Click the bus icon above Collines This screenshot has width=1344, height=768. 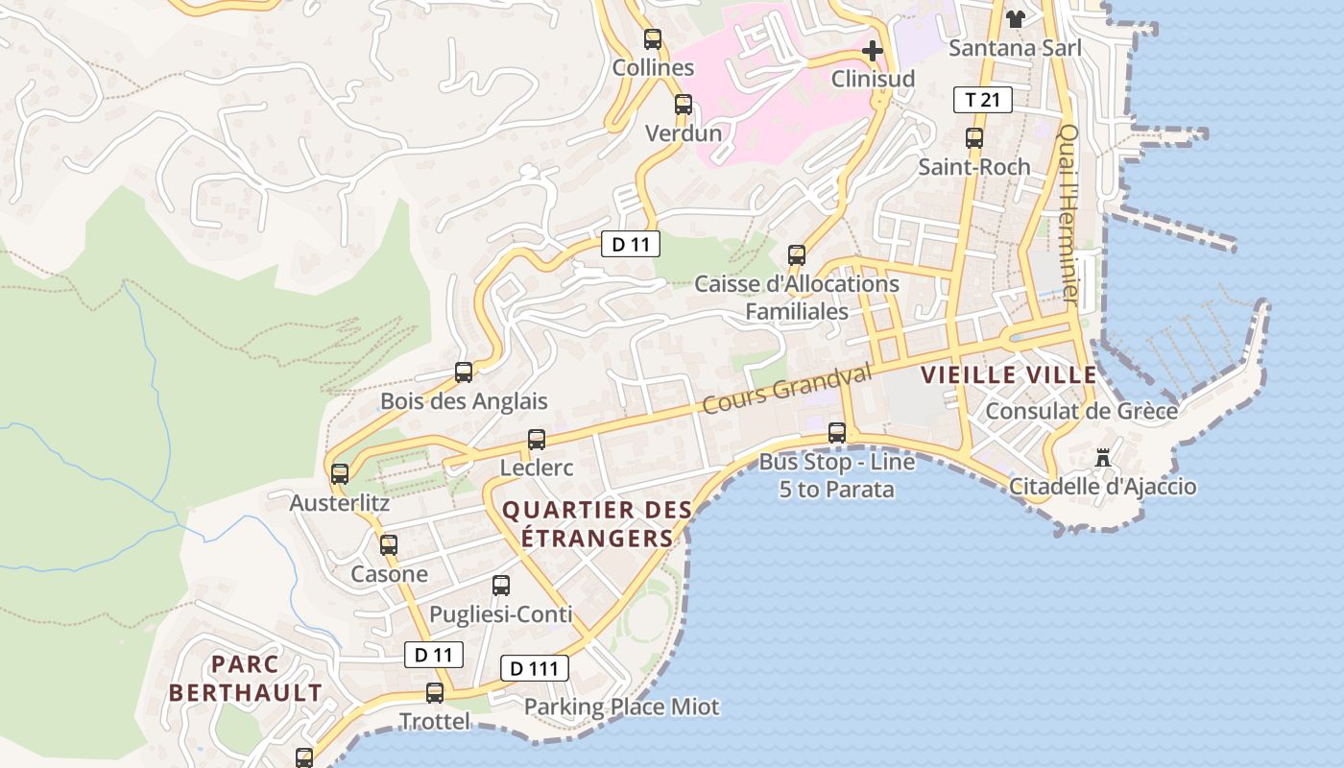[653, 39]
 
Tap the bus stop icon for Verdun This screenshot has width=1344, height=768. [683, 105]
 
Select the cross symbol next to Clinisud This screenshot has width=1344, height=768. [872, 50]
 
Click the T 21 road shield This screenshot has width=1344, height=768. [983, 99]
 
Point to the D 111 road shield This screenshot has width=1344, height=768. [534, 668]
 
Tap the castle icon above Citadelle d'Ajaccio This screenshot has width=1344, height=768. [1103, 458]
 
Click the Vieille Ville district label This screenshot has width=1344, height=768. [1008, 375]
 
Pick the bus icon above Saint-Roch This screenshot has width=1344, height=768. [974, 137]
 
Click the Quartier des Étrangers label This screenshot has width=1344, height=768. [597, 524]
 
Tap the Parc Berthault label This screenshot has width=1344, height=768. [246, 678]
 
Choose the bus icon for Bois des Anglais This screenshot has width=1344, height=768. [464, 372]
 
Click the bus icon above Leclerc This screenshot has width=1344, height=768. [537, 440]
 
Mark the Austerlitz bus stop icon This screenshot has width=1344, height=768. [340, 474]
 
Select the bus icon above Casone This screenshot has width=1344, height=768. [389, 545]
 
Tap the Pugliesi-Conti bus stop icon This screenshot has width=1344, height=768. [501, 586]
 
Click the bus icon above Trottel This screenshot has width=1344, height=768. [435, 692]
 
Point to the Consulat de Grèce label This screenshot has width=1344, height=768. [1082, 412]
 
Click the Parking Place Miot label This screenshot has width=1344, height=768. [621, 708]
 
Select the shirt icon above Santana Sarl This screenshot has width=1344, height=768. [1015, 18]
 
